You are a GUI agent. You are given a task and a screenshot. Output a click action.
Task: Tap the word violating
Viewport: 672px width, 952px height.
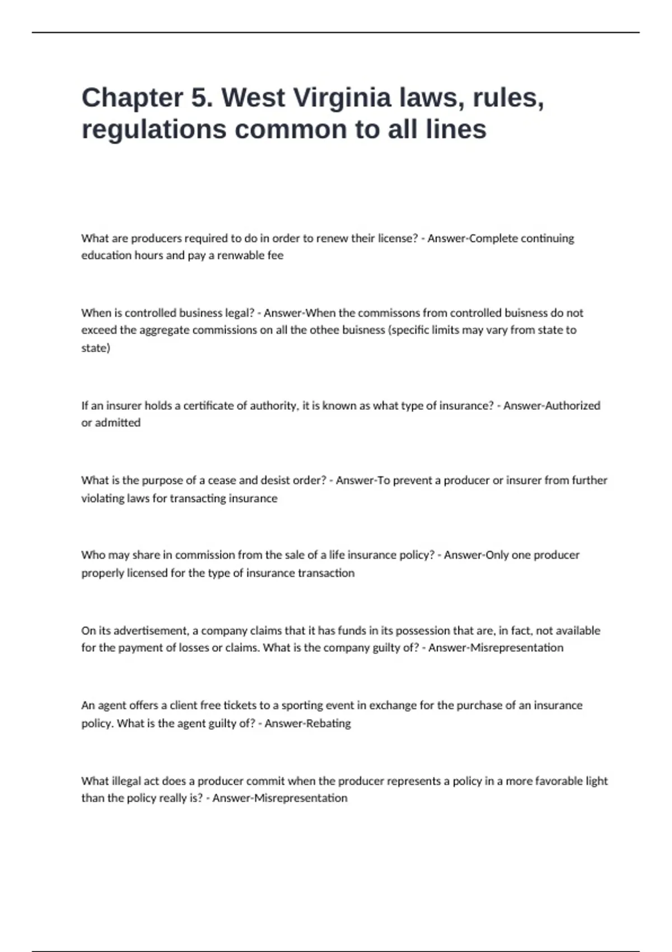click(102, 498)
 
